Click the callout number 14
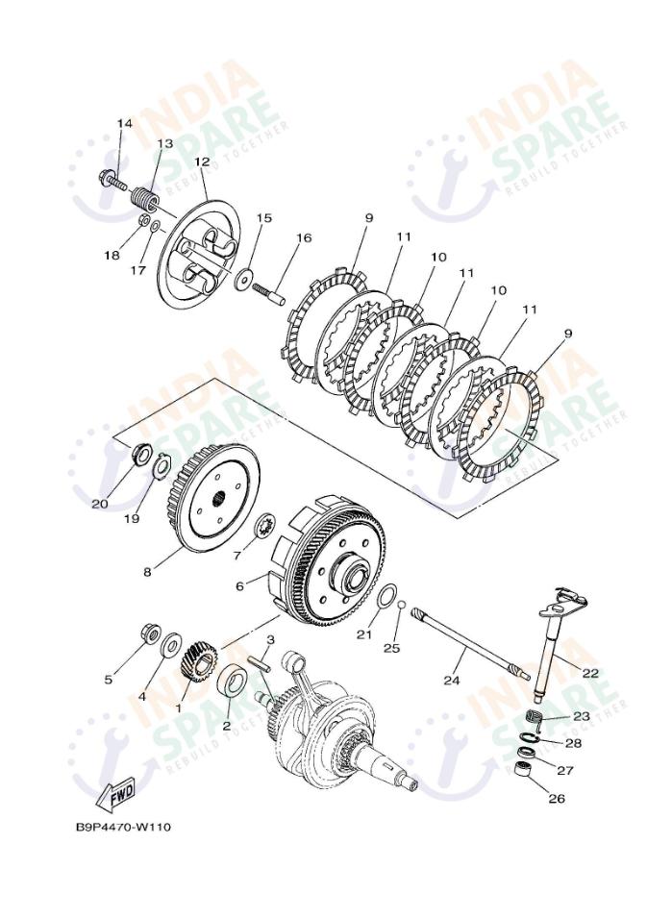click(124, 124)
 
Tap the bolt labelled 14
click(112, 178)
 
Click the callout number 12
click(202, 162)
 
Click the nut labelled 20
click(140, 452)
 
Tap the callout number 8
click(147, 572)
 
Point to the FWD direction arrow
click(114, 794)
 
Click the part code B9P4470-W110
click(123, 827)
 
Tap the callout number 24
click(452, 681)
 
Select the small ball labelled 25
click(402, 608)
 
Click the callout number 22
click(589, 673)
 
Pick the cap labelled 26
click(523, 771)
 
